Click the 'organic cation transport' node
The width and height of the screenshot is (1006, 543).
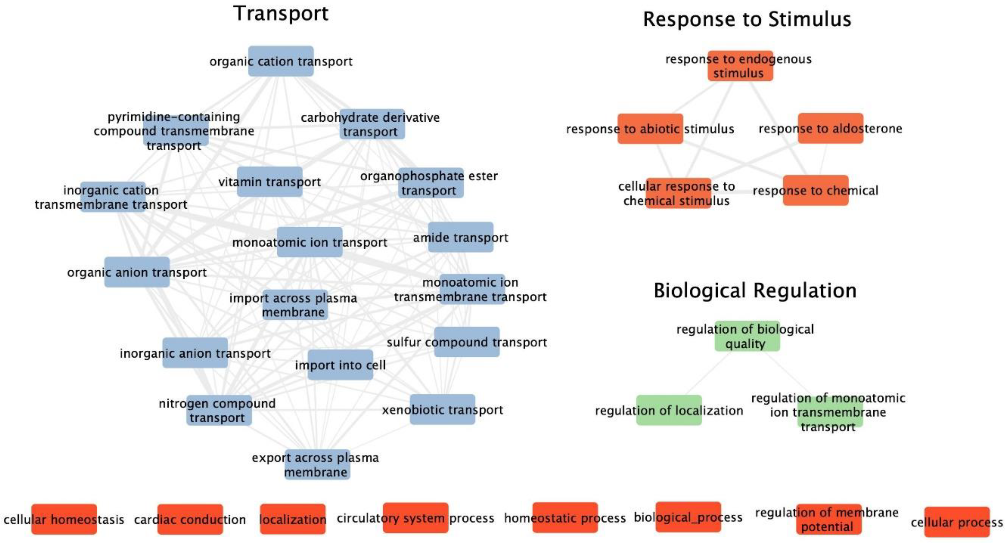coord(281,61)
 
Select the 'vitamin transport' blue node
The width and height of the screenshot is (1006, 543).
coord(270,182)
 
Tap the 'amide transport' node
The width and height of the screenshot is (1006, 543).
coord(461,237)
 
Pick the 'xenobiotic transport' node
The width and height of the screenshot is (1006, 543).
coord(442,410)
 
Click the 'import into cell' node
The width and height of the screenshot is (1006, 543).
coord(340,365)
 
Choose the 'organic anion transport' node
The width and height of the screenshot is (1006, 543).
coord(137,272)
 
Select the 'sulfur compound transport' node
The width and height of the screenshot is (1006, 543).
coord(467,342)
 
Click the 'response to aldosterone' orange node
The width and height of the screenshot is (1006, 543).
coord(830,128)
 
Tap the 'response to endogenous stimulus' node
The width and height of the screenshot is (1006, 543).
coord(740,66)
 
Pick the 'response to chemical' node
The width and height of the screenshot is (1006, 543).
coord(815,190)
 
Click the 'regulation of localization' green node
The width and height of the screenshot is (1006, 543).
coord(669,410)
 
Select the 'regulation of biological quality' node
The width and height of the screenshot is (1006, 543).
coord(747,336)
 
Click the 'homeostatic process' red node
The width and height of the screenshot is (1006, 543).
coord(565,518)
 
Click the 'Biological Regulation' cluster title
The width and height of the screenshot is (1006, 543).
coord(755,291)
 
